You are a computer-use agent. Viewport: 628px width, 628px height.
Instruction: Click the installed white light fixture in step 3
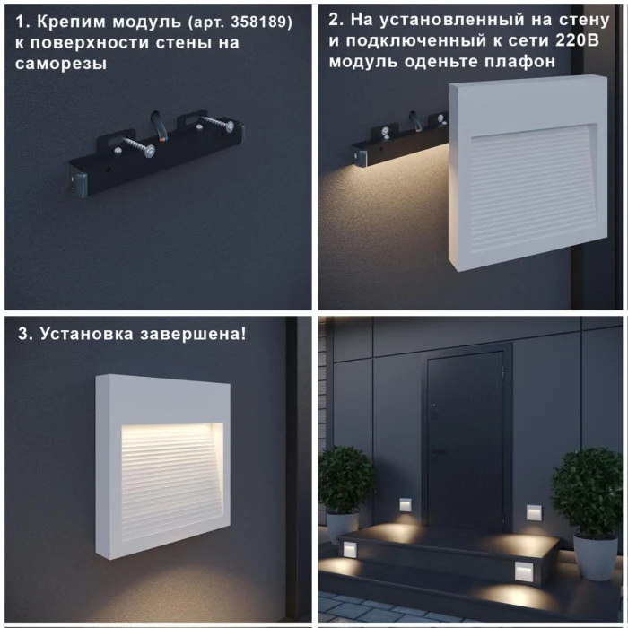(x=163, y=467)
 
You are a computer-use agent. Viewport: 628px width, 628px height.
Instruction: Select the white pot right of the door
(x=595, y=556)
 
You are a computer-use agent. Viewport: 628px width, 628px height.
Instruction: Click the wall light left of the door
(x=406, y=505)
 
